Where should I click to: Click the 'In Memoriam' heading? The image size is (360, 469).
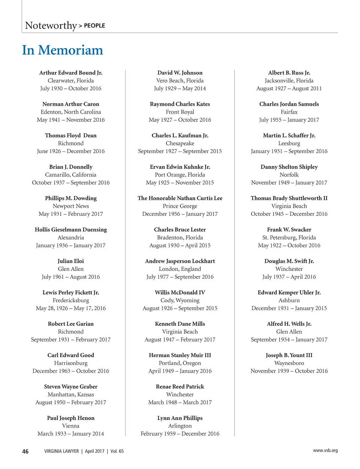(x=62, y=50)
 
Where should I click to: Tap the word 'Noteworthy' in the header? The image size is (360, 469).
(x=51, y=25)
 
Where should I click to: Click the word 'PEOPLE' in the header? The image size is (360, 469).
(x=94, y=26)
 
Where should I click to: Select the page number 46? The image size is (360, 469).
(x=25, y=451)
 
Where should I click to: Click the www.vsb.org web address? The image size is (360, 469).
(x=325, y=450)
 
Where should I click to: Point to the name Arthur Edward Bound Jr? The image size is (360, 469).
(x=71, y=73)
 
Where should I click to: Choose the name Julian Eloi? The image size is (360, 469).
(x=71, y=261)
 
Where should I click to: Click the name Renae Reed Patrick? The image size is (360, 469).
(x=180, y=387)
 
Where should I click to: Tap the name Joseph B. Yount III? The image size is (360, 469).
(x=289, y=355)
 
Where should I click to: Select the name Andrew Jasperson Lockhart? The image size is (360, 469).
(x=180, y=261)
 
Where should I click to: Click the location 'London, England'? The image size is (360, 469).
(x=180, y=269)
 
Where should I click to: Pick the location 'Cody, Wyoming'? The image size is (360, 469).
(x=180, y=300)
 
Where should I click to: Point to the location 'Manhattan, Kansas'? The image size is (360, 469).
(x=71, y=395)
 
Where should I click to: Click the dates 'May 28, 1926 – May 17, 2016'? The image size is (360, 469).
(x=71, y=308)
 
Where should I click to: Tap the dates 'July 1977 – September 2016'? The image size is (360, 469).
(x=180, y=277)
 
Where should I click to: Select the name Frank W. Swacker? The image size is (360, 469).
(x=289, y=230)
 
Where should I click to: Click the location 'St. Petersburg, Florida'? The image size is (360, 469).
(x=289, y=237)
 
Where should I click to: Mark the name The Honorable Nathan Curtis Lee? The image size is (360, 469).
(x=180, y=198)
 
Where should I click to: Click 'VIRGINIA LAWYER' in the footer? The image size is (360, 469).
(x=61, y=451)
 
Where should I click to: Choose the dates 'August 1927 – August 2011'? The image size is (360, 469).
(x=289, y=88)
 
